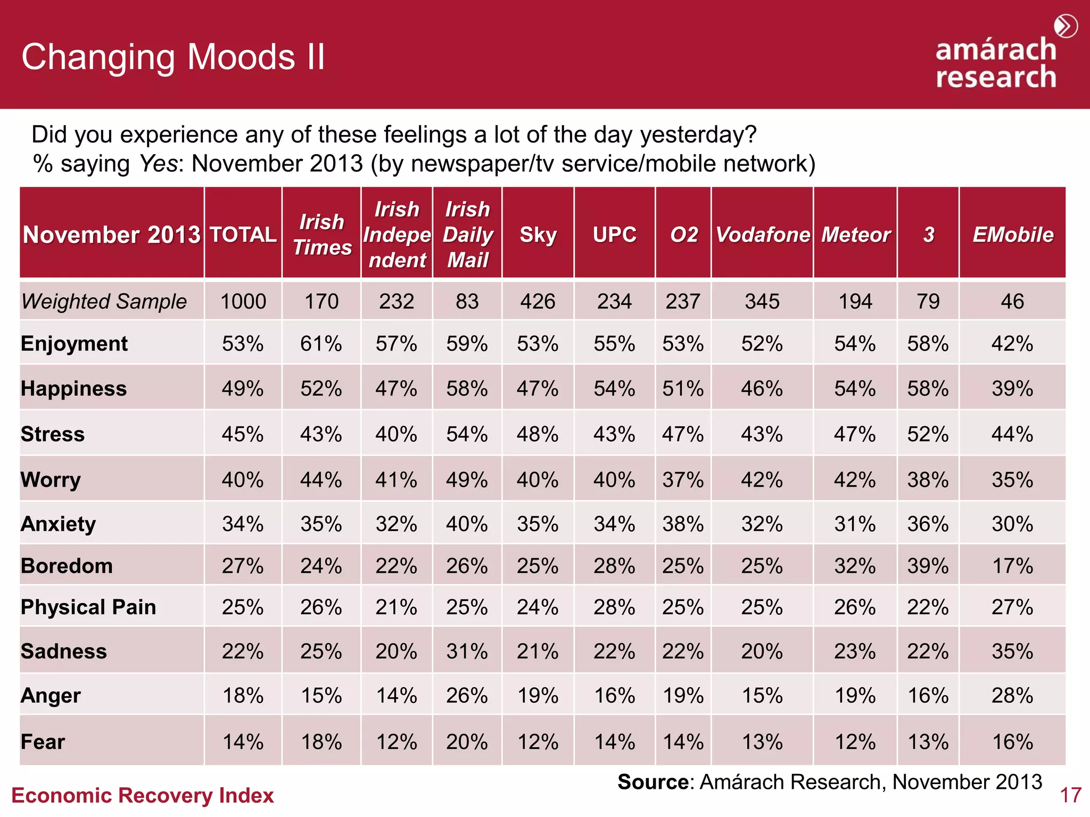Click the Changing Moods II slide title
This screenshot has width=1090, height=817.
pos(173,57)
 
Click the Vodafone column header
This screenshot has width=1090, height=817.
pos(762,235)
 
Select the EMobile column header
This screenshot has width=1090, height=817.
pos(1012,235)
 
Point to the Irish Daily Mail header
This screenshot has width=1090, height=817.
pos(467,235)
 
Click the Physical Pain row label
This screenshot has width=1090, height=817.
pos(88,607)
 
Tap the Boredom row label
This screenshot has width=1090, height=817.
pos(67,566)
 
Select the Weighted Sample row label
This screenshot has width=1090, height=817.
pos(104,302)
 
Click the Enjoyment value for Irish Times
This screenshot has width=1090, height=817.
pos(321,344)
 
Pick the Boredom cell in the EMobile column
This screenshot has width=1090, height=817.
pos(1012,566)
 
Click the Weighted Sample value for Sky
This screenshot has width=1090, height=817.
pos(538,302)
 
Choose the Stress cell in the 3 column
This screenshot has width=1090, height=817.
pos(928,434)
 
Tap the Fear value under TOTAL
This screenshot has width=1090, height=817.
pos(243,741)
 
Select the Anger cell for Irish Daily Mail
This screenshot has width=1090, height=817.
pos(467,695)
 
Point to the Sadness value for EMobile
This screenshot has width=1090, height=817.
pos(1012,651)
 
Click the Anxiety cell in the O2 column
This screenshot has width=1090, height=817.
pos(683,524)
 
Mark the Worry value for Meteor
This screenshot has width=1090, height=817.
pos(855,480)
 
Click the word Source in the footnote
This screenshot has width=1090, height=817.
pos(653,782)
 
